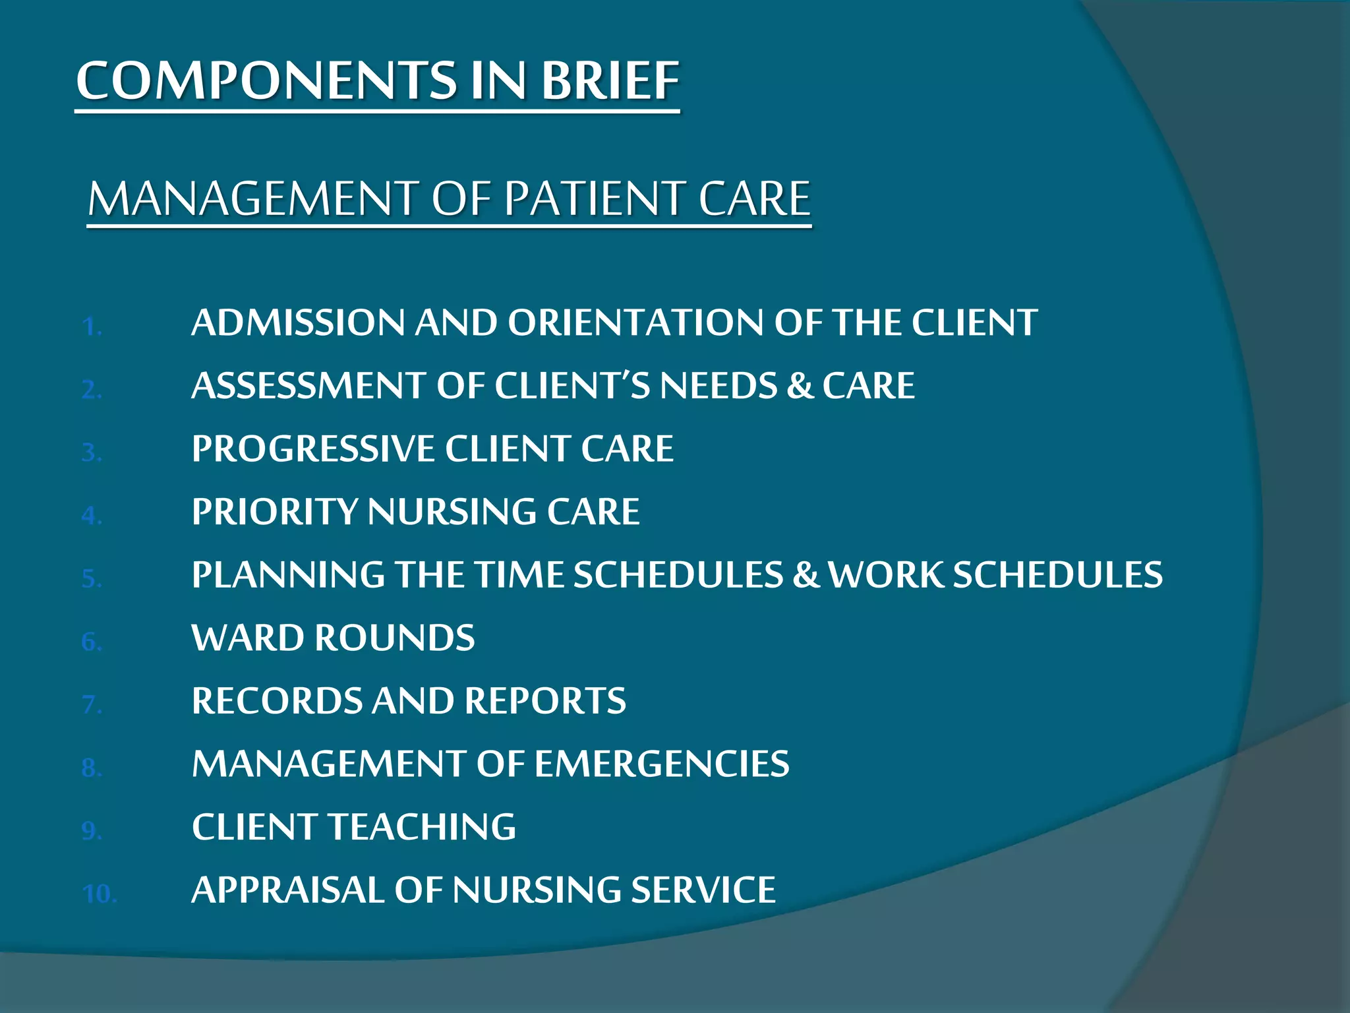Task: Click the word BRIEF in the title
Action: pos(610,81)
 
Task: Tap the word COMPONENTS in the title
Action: pos(267,81)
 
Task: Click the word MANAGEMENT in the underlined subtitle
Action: pos(253,199)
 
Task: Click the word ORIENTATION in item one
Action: pos(635,323)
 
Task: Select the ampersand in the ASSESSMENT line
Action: pos(800,386)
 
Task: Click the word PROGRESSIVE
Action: pos(313,449)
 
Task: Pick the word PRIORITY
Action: pos(274,512)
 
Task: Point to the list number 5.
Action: pos(92,579)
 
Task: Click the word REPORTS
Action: pos(545,701)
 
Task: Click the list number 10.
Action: pos(100,894)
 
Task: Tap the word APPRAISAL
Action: pos(287,890)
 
